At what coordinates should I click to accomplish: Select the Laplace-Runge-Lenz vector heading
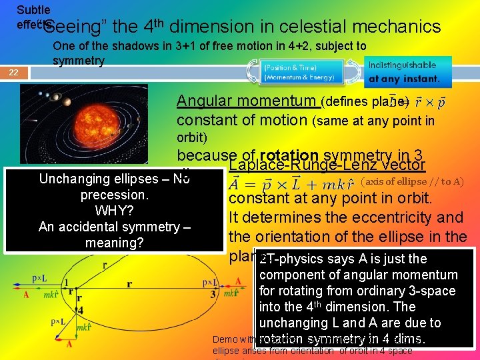327,165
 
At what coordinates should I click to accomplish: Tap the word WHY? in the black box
115,211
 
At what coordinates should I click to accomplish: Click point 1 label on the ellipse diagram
69,283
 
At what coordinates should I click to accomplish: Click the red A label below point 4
69,345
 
